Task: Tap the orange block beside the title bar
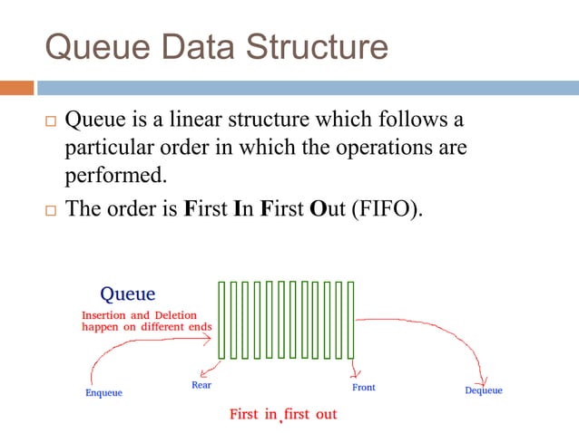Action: pos(16,88)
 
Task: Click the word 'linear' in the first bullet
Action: pos(191,119)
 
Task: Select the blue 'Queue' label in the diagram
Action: pos(127,293)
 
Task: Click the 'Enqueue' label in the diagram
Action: pos(103,392)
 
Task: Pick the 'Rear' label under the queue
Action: pos(201,385)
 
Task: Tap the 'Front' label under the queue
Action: pos(363,388)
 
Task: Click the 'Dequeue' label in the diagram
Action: pos(483,390)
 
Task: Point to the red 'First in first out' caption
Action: pos(283,414)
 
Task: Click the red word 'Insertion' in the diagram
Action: pos(106,315)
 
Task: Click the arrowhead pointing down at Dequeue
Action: pos(484,378)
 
